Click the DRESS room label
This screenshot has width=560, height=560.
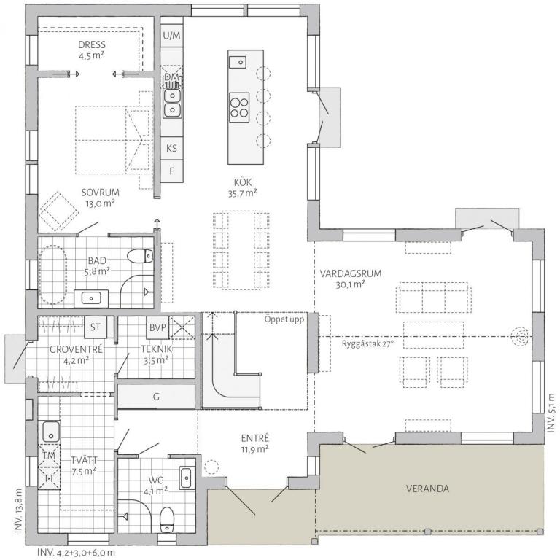(x=92, y=44)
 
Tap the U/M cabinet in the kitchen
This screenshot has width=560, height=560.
(x=171, y=36)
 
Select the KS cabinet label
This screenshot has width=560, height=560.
(x=171, y=148)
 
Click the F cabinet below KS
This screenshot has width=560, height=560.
(x=171, y=171)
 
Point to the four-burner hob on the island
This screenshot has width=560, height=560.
(x=239, y=107)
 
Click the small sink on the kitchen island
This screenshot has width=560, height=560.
(x=238, y=62)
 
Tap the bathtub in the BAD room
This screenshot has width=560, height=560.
(x=53, y=275)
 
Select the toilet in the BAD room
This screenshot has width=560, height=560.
(x=140, y=256)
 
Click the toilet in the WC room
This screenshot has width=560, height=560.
(x=166, y=520)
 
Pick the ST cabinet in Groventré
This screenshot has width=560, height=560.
(x=96, y=327)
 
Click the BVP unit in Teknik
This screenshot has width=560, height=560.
(x=157, y=327)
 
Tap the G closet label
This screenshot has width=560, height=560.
(x=156, y=397)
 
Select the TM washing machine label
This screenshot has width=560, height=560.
(x=49, y=455)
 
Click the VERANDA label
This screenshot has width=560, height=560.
(x=427, y=489)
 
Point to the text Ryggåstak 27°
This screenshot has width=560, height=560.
(x=367, y=344)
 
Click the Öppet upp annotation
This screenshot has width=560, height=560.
(x=284, y=319)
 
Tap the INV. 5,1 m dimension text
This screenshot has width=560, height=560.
(x=551, y=413)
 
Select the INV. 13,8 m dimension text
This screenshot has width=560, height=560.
(x=18, y=511)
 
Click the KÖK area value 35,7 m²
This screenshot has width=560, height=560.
(x=243, y=193)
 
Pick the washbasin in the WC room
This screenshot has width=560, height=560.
(x=186, y=478)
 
